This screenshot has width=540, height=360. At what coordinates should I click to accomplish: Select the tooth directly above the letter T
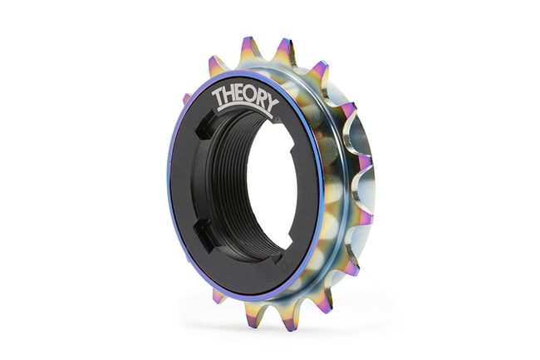(x=218, y=65)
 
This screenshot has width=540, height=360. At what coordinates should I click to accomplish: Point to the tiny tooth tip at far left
(x=185, y=99)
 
